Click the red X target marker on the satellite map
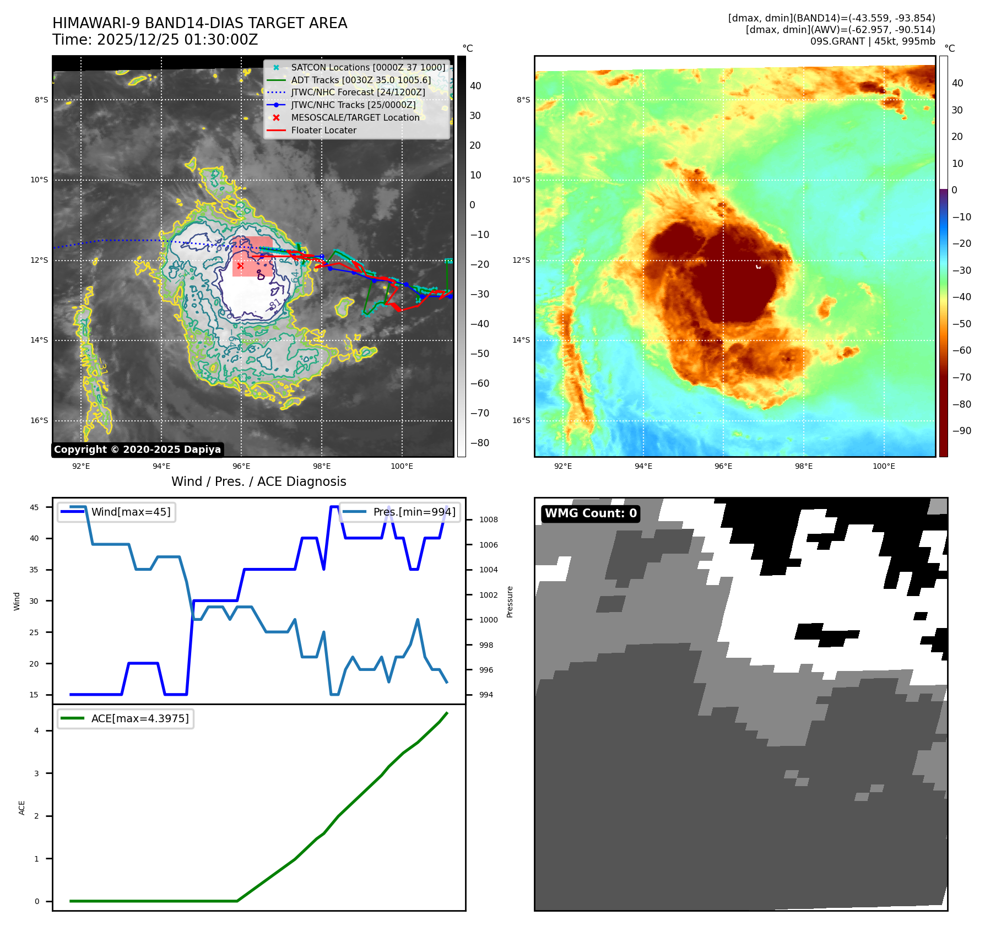point(240,266)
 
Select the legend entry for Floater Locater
point(323,130)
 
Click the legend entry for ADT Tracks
point(360,80)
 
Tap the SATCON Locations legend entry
point(367,67)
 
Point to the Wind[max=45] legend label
point(131,512)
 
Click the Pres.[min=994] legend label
point(414,512)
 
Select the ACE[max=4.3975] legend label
point(140,718)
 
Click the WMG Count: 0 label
point(591,513)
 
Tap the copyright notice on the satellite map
point(137,450)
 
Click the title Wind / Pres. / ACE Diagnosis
point(258,481)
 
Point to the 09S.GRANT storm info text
point(872,41)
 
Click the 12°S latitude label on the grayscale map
point(39,260)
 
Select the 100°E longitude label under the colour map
point(884,466)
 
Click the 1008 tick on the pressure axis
point(488,519)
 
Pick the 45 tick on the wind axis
point(34,507)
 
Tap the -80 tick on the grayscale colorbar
point(479,442)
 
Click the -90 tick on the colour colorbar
point(961,430)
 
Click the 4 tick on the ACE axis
point(37,730)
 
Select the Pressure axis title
point(510,602)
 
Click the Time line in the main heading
point(155,40)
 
